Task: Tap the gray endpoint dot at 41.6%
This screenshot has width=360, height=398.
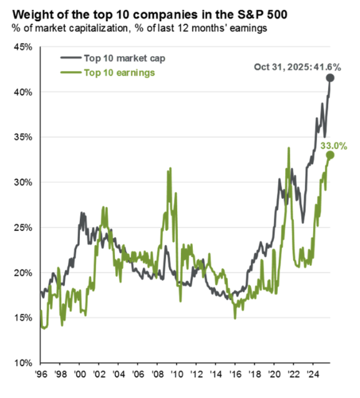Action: click(x=330, y=78)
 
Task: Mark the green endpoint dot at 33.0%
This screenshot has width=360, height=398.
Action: click(x=330, y=155)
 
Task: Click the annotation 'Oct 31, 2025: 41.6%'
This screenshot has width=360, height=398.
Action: click(x=296, y=68)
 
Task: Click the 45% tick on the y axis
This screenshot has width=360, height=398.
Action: click(x=22, y=47)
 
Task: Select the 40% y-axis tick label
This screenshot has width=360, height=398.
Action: click(x=22, y=92)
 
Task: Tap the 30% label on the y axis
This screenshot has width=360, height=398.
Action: click(x=22, y=183)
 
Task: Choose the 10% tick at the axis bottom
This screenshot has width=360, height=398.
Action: click(x=22, y=363)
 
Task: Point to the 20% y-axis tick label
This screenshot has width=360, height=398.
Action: click(x=22, y=273)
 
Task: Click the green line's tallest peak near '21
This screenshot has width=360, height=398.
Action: click(x=289, y=148)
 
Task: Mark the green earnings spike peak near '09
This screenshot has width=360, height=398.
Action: click(x=169, y=169)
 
